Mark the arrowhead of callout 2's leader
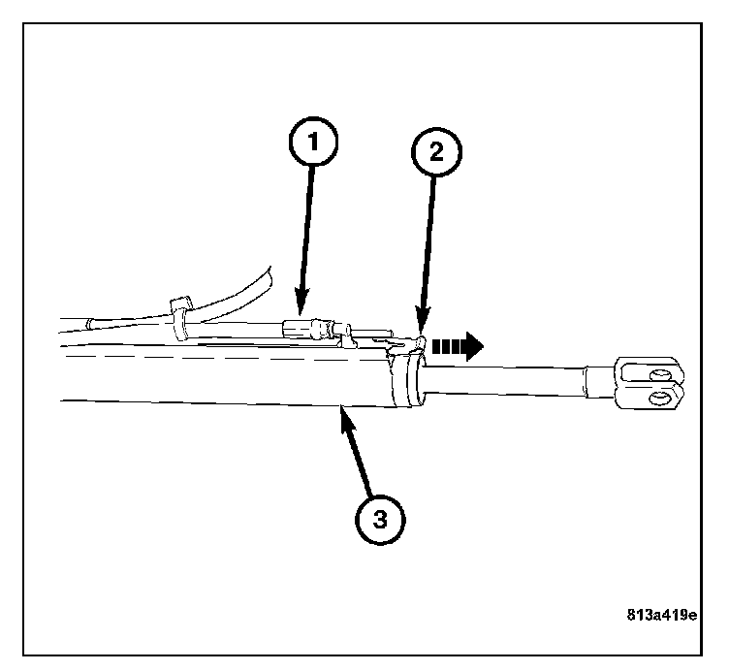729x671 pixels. [x=421, y=330]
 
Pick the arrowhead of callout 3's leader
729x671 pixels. [x=341, y=415]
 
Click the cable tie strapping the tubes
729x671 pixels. [x=180, y=318]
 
